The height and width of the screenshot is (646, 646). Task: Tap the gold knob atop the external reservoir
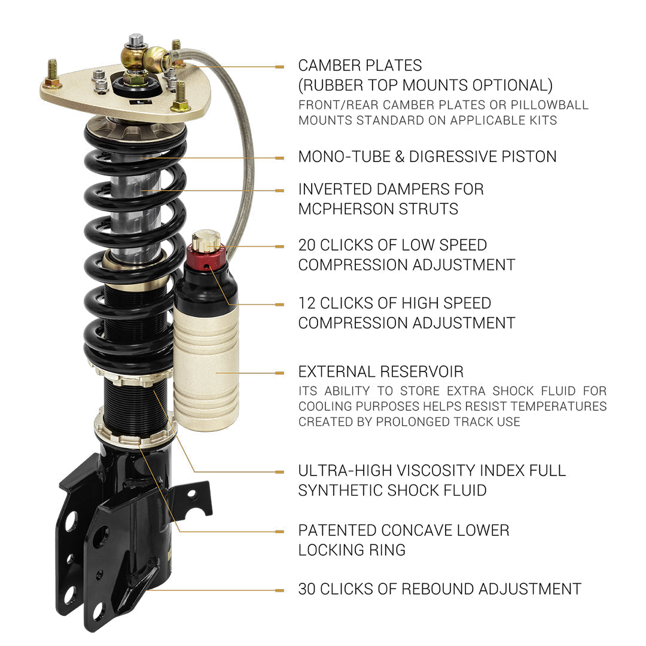click(x=206, y=240)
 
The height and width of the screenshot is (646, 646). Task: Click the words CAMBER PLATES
click(x=360, y=66)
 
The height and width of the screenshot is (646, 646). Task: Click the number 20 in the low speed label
click(x=307, y=245)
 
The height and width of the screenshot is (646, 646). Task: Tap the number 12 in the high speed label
click(x=307, y=303)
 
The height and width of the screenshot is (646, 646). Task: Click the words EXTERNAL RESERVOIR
click(x=381, y=371)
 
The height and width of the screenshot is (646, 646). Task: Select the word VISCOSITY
click(x=426, y=471)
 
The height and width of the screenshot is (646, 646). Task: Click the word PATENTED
click(x=337, y=530)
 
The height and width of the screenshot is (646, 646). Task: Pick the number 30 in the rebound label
click(x=307, y=589)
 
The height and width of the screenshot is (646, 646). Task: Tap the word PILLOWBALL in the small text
click(x=550, y=105)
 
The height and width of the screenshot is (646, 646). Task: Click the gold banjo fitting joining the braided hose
click(x=156, y=59)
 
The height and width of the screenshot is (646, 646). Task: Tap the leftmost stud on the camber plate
click(x=52, y=74)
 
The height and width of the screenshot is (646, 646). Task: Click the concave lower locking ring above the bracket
click(x=136, y=432)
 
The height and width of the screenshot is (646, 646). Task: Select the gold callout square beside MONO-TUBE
click(x=279, y=158)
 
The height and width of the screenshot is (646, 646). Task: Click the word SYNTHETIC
click(x=340, y=490)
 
